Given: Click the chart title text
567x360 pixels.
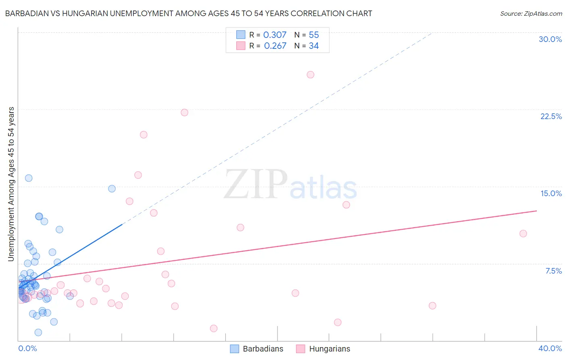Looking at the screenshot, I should coord(188,13).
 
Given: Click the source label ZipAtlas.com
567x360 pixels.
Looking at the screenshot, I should coord(531,13).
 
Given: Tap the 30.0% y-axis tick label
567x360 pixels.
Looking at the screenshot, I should coord(550,39).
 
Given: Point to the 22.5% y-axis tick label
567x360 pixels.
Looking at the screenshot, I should coord(551,116).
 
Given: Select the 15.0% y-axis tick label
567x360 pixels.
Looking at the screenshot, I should coord(551,193).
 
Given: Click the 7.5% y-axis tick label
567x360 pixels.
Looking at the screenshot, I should coord(553,271).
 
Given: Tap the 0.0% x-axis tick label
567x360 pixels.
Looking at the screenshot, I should coord(27,348).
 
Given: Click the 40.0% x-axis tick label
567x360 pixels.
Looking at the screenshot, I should coord(550,348).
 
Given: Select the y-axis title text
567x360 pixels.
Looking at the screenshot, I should coord(11,184).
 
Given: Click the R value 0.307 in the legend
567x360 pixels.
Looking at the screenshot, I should coord(275,35).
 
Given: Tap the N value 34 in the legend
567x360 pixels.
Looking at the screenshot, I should coord(314,46).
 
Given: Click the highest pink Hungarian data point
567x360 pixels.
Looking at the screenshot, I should coord(311,75).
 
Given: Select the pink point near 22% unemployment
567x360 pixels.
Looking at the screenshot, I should coord(184,113).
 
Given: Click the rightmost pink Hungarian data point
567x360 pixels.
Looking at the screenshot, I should coord(523,234).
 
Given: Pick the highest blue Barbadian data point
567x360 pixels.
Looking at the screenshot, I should coord(29,178).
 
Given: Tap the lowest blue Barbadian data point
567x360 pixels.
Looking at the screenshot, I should coord(38,333).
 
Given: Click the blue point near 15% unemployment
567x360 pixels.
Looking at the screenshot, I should coord(112,188).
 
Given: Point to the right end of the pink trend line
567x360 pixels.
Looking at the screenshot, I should coord(536,211).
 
